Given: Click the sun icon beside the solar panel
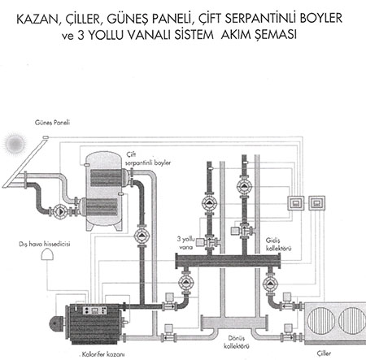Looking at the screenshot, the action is (15, 143).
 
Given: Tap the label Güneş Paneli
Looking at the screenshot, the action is (52, 123).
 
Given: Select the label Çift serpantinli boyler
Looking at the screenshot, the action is (148, 158).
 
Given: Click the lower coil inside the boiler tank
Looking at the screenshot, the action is (102, 207).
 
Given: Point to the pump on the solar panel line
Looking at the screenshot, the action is (60, 210).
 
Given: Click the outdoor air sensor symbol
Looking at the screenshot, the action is (47, 254).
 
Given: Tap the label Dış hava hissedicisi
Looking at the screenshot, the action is (45, 244).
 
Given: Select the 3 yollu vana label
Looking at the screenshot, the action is (186, 243).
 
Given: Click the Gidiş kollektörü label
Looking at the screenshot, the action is (278, 244).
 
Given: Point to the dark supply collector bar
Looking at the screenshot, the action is (228, 261).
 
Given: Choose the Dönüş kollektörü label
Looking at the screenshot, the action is (237, 342).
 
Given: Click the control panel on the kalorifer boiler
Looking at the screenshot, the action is (94, 310).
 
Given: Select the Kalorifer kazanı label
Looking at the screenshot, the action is (103, 353).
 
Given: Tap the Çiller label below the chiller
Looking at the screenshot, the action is (324, 353).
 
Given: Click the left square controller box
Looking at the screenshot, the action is (296, 203).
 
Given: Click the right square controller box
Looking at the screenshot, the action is (316, 203).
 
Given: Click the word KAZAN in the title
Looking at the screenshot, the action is (37, 19).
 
